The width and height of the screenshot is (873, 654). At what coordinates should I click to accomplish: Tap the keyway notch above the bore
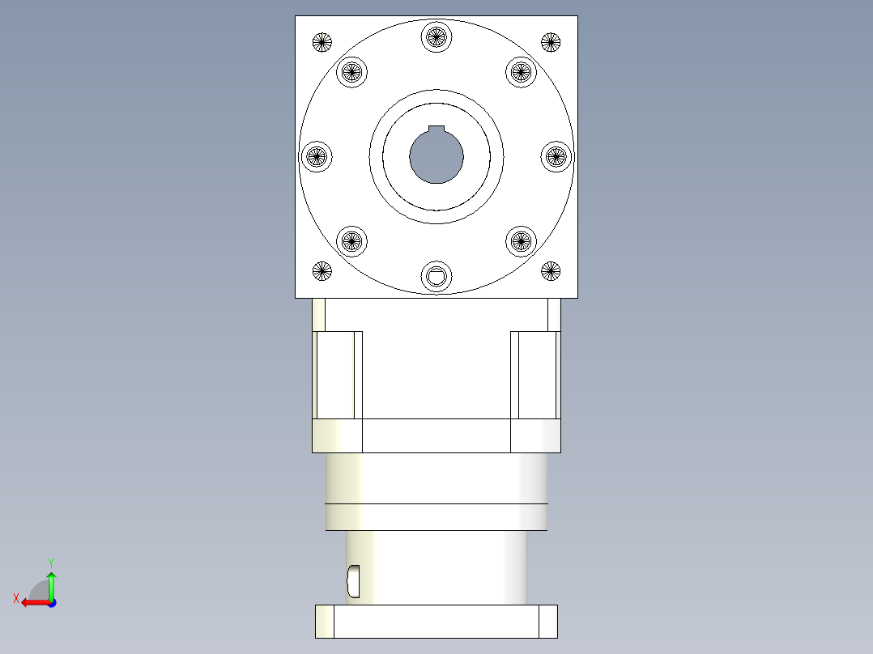pyautogui.click(x=436, y=130)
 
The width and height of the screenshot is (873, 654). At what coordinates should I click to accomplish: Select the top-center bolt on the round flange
pyautogui.click(x=436, y=36)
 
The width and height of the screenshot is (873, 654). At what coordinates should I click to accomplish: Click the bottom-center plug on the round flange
pyautogui.click(x=436, y=276)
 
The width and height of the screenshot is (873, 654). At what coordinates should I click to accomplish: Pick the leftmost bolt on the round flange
pyautogui.click(x=317, y=156)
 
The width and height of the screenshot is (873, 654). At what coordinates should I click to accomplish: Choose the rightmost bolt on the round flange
pyautogui.click(x=556, y=156)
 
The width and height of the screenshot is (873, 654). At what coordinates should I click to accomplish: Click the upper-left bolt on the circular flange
pyautogui.click(x=351, y=72)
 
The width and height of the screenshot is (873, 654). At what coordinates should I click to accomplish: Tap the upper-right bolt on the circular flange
pyautogui.click(x=522, y=72)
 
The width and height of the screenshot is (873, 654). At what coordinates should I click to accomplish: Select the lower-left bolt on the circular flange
pyautogui.click(x=351, y=240)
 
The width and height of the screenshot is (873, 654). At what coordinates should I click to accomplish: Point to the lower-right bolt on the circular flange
pyautogui.click(x=522, y=240)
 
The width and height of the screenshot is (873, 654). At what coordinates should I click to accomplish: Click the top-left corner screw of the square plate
pyautogui.click(x=322, y=42)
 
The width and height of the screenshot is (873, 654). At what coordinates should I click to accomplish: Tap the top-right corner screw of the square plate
pyautogui.click(x=551, y=42)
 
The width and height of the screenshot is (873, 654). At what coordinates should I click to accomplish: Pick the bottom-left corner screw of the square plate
pyautogui.click(x=322, y=271)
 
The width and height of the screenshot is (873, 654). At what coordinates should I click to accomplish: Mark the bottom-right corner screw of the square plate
pyautogui.click(x=551, y=271)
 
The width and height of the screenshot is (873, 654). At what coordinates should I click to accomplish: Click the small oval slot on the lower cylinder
pyautogui.click(x=353, y=579)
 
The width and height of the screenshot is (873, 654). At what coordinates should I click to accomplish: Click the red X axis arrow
pyautogui.click(x=32, y=602)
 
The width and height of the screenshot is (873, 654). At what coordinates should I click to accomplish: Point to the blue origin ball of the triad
pyautogui.click(x=51, y=602)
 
